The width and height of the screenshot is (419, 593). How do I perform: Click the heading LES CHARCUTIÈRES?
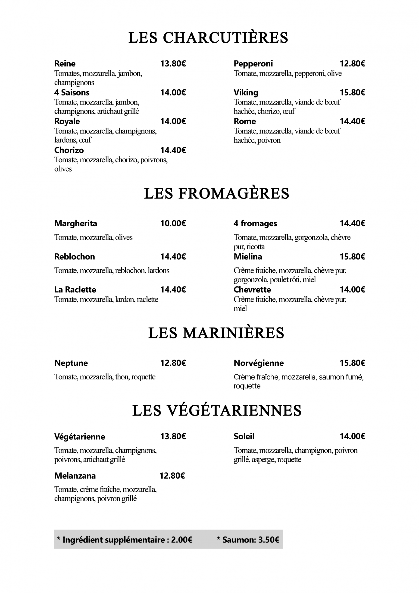[208, 38]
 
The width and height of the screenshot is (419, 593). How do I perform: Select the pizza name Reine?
[65, 63]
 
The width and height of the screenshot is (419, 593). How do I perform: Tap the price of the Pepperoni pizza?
[352, 63]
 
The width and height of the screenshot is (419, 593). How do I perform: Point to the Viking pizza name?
[246, 92]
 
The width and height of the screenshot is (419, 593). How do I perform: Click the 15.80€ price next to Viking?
[352, 92]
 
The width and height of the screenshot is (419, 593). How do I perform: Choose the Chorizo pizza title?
[69, 150]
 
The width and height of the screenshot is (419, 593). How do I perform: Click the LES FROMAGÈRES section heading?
[216, 194]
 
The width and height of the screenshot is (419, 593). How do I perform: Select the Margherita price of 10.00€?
[173, 223]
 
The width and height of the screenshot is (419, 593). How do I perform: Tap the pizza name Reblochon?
[75, 256]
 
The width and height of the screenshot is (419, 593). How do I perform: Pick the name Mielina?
[248, 256]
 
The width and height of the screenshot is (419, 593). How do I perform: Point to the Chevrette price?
[352, 290]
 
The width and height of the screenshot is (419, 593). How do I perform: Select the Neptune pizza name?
[71, 363]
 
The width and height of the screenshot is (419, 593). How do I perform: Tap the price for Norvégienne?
[352, 363]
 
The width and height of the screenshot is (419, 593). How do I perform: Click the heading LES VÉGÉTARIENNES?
[217, 410]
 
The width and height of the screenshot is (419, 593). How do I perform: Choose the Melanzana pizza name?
[75, 476]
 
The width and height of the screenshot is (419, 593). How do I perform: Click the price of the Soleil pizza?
[352, 436]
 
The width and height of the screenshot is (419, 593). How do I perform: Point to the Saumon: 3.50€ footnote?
[248, 540]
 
